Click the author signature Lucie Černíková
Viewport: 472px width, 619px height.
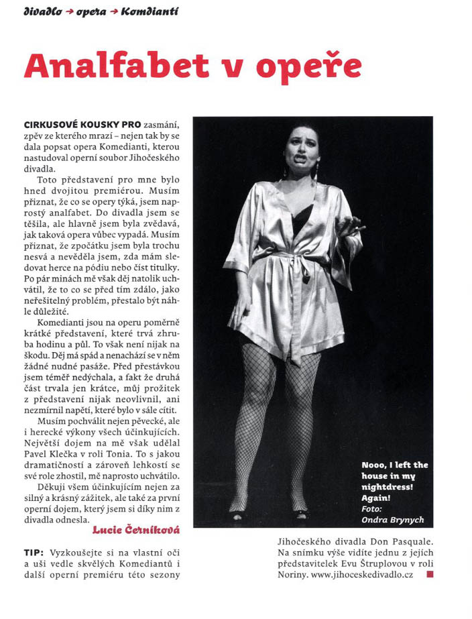pos(137,530)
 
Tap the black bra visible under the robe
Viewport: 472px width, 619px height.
pos(303,218)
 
